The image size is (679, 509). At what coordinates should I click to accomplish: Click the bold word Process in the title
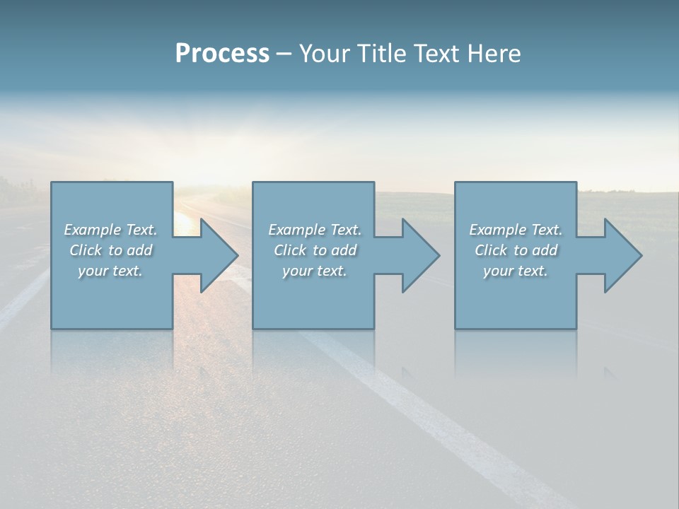point(222,54)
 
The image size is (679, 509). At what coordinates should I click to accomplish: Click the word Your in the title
point(323,54)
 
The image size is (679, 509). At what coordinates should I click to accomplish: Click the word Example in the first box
point(92,230)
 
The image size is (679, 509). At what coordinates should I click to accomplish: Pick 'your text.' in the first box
point(110,271)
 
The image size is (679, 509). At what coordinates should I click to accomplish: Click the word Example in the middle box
point(296,230)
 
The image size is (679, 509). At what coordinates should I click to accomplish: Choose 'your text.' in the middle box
point(315,271)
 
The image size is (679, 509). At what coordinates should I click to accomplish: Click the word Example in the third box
point(497,230)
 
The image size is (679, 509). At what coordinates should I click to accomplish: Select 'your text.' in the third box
point(516,271)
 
